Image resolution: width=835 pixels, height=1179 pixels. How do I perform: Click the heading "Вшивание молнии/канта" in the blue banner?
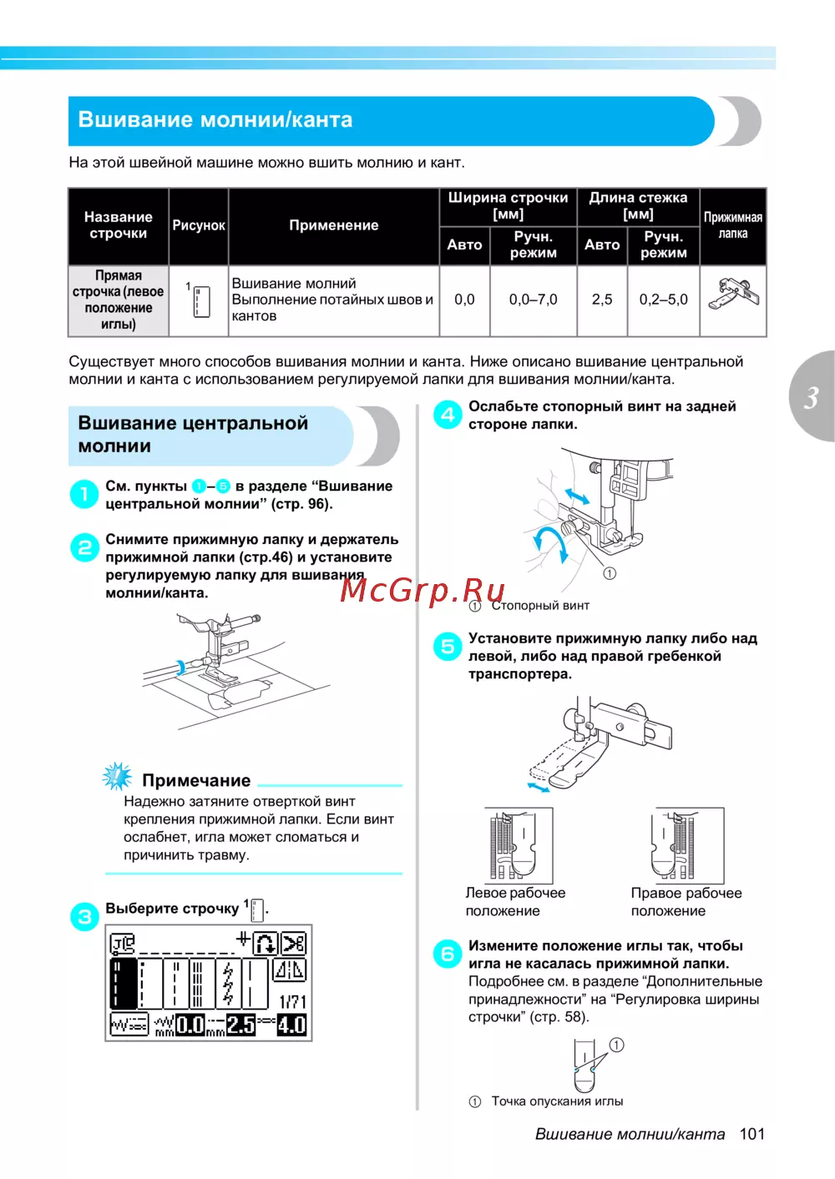[215, 120]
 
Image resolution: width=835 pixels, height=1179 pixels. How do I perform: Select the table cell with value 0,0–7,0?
[533, 300]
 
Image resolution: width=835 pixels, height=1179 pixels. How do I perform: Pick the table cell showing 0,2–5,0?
[663, 300]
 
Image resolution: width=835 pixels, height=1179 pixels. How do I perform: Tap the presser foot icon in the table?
[733, 295]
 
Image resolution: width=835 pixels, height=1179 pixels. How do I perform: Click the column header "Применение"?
[333, 225]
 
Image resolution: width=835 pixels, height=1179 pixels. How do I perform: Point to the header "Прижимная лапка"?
[732, 225]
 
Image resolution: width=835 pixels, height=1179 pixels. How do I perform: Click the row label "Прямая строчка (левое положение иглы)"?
[118, 300]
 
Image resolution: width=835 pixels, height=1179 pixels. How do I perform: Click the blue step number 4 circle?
[448, 415]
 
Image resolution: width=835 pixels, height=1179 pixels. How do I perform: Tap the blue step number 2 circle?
[84, 548]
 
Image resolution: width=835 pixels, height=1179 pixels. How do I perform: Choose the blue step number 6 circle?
[448, 954]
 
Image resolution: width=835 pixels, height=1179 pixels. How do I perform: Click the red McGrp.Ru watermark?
[423, 590]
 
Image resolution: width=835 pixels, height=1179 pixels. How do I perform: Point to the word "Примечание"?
[196, 780]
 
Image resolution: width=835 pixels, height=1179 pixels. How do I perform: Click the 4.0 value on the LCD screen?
[291, 1025]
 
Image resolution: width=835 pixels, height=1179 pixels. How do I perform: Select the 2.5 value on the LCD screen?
[241, 1025]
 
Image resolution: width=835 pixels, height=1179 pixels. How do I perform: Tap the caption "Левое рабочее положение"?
[514, 902]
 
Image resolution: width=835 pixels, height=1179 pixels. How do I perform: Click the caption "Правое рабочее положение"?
[686, 902]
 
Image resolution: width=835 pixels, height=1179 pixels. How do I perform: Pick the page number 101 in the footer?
[751, 1134]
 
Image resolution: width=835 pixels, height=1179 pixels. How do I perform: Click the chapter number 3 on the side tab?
[811, 398]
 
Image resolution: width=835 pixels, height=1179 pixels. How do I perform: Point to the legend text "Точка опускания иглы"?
[557, 1101]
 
